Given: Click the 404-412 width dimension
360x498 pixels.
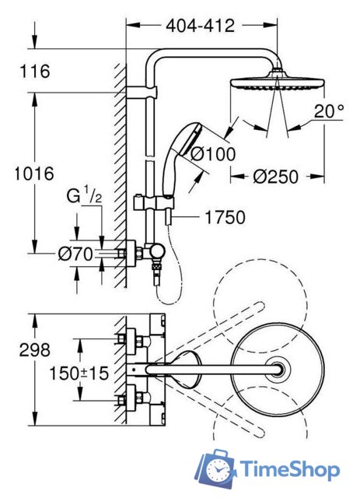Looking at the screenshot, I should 200,26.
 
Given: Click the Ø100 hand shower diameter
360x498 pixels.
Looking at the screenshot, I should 212,154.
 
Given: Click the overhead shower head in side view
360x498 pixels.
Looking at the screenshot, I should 269,83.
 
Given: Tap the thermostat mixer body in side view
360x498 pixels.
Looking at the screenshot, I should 151,253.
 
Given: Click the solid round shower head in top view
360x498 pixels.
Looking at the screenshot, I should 275,367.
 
